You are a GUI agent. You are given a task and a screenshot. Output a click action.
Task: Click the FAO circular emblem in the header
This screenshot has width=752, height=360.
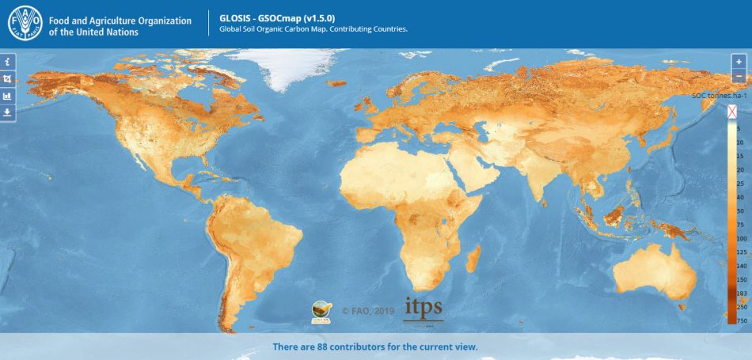pyautogui.click(x=25, y=24)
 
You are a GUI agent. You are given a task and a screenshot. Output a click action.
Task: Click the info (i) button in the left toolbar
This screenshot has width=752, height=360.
pyautogui.click(x=7, y=61)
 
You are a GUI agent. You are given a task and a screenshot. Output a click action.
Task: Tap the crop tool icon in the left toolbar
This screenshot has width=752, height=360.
pyautogui.click(x=7, y=78)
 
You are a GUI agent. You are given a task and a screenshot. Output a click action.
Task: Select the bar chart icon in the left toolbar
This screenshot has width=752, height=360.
pyautogui.click(x=7, y=96)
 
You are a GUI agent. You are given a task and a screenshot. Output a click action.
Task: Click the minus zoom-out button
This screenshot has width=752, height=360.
pyautogui.click(x=739, y=76)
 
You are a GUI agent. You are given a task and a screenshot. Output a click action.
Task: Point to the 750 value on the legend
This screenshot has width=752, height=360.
pyautogui.click(x=741, y=320)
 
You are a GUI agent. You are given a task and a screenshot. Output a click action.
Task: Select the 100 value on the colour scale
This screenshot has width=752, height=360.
pyautogui.click(x=741, y=238)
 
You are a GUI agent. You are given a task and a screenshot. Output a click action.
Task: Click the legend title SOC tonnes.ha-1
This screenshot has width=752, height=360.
pyautogui.click(x=720, y=95)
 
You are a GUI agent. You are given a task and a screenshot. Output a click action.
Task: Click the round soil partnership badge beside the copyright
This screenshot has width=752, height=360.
pyautogui.click(x=321, y=312)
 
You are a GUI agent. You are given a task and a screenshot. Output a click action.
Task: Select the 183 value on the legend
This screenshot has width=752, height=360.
pyautogui.click(x=741, y=293)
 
